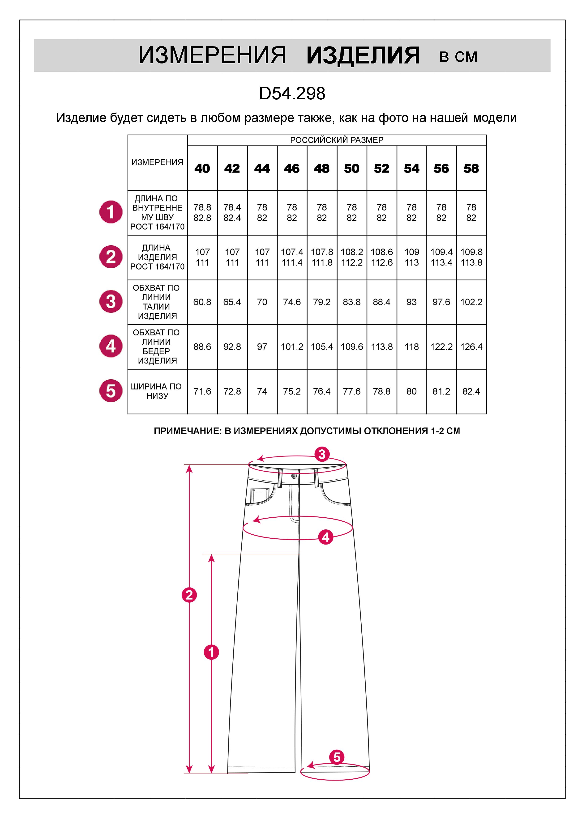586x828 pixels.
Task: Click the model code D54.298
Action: coord(292,94)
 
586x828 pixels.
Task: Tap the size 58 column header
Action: coord(471,169)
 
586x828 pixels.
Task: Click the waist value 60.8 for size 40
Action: coord(202,302)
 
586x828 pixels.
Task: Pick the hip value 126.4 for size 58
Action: coord(471,346)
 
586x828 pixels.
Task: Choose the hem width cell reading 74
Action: coord(262,391)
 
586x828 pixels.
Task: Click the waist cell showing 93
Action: coord(411,302)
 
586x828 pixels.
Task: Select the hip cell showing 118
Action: coord(411,346)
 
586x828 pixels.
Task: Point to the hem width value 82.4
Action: coord(471,391)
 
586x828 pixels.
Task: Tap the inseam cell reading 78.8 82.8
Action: coord(202,212)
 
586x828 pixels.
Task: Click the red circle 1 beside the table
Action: coord(111,212)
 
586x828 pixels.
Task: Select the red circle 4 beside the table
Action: coord(111,346)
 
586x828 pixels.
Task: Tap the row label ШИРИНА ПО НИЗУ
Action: coord(157,391)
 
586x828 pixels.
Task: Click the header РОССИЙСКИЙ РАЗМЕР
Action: coord(336,140)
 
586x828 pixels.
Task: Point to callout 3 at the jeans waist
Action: coord(322,454)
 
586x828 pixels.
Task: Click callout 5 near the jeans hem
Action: coord(337,757)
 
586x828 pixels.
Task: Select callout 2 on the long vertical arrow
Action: coord(189,595)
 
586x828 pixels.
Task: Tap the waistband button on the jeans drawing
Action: coord(294,476)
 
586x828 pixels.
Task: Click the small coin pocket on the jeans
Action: coord(259,495)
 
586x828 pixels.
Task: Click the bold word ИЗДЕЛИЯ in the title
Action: coord(363,56)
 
